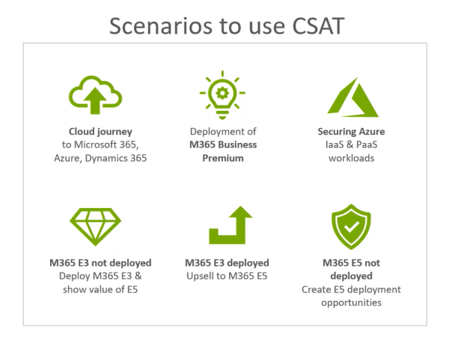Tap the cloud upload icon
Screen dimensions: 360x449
point(95,94)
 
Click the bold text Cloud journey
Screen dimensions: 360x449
point(95,131)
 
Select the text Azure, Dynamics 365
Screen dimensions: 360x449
point(95,158)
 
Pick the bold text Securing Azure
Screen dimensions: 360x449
point(351,131)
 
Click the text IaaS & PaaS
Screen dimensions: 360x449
point(351,144)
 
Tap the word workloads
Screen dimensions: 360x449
point(351,158)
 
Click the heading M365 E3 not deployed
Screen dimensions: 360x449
point(95,263)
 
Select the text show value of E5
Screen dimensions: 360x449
point(95,290)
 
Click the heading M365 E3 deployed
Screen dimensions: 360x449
point(227,263)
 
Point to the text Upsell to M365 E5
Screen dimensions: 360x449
point(227,276)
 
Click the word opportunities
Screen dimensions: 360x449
point(351,302)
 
